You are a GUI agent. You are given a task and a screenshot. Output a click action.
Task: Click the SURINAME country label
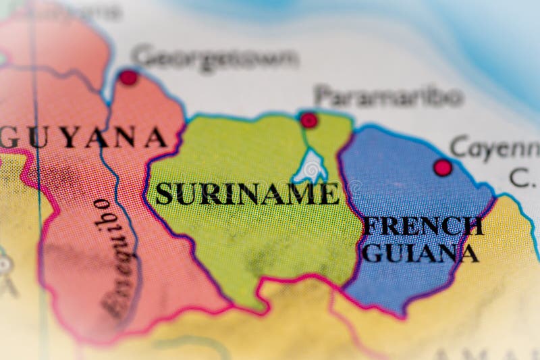247,194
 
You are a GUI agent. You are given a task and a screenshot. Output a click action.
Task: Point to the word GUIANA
420,253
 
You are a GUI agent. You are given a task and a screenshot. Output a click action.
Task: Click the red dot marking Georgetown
128,78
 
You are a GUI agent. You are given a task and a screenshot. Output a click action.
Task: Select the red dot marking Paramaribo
308,120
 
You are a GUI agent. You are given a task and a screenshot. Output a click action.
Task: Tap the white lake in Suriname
311,166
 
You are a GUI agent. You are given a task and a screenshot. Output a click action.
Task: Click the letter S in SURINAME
164,195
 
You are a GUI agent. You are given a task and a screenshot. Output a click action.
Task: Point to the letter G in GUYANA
8,138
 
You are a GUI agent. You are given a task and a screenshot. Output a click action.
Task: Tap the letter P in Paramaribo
323,96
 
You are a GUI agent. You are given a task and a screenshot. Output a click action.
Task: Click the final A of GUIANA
468,253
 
